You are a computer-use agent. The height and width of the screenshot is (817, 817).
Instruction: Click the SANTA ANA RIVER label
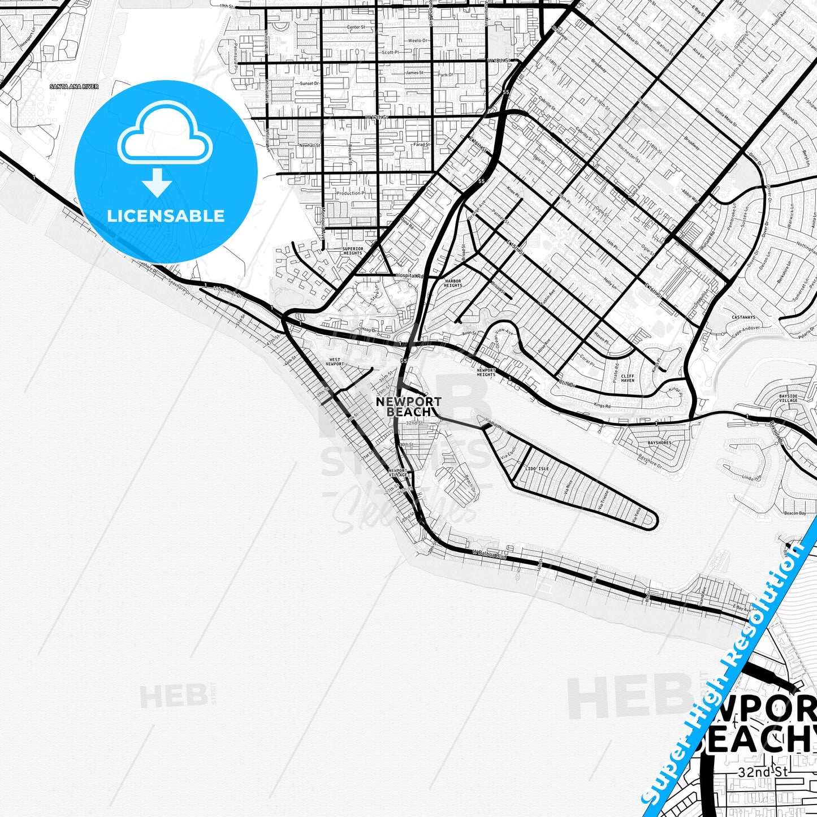pos(74,87)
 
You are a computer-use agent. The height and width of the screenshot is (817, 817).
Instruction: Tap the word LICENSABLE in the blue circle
pos(166,216)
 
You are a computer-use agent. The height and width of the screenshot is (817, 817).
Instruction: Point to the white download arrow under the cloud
pos(157,183)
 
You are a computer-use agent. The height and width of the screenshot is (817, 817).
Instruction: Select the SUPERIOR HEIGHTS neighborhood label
pos(353,250)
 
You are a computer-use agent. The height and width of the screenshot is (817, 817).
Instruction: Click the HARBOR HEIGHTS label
pos(453,283)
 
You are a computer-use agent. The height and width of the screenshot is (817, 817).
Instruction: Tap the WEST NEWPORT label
pos(335,362)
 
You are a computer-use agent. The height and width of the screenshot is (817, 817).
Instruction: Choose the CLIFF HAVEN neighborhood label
pos(628,378)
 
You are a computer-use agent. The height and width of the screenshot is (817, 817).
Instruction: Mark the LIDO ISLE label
pos(537,469)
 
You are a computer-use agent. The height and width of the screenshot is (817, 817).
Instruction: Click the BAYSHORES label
pos(659,443)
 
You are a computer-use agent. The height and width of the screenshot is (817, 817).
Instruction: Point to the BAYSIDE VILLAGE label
pos(788,398)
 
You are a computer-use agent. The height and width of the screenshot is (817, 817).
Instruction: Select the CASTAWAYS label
pos(743,318)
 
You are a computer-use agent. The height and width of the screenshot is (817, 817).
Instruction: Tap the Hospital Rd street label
pos(409,276)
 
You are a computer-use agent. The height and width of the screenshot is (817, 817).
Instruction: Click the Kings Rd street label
pos(602,406)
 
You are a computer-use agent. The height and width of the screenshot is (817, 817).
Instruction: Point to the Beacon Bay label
pos(795,513)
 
